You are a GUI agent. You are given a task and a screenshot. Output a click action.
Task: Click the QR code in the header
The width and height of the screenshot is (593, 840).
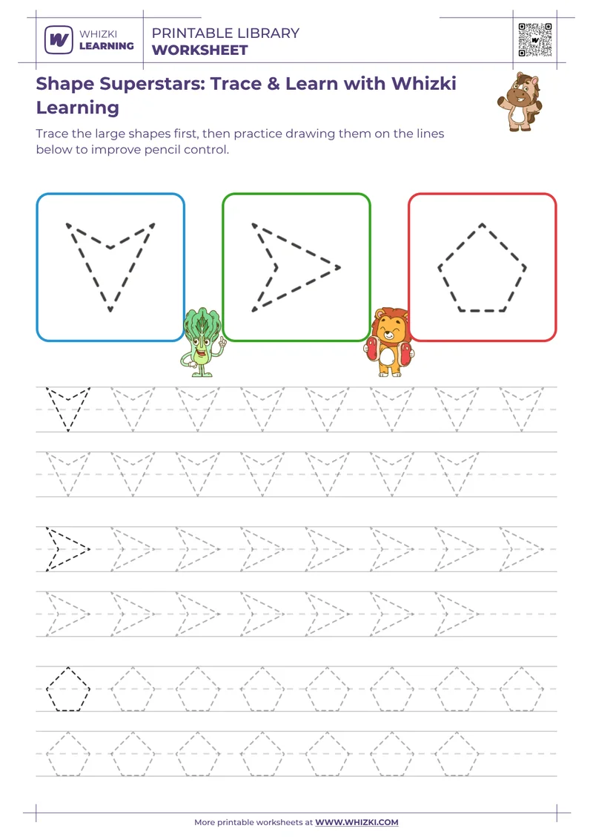[534, 39]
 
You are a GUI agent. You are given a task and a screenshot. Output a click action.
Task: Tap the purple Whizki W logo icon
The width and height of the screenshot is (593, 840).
[59, 39]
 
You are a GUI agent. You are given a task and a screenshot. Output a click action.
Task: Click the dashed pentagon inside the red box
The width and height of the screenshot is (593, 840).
[482, 267]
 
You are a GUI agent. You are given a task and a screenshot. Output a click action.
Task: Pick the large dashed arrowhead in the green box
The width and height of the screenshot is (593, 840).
[295, 266]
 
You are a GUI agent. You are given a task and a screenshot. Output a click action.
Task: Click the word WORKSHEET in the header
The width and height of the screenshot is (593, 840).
[199, 50]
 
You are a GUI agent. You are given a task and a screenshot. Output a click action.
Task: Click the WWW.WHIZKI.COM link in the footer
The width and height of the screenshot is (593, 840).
[357, 822]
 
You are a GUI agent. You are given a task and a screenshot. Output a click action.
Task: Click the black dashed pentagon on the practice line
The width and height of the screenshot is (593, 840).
[68, 689]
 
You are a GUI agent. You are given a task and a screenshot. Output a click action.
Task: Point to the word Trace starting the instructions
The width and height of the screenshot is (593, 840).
[54, 134]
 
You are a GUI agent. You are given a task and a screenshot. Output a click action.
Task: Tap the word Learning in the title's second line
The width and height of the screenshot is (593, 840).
[77, 108]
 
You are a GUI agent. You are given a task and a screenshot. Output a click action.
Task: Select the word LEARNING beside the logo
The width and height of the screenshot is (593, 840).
[106, 45]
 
